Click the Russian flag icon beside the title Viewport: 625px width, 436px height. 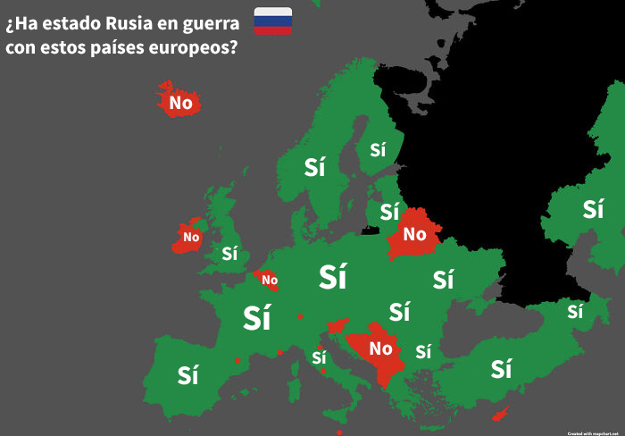tap(272, 21)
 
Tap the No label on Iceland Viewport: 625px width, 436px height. tap(180, 103)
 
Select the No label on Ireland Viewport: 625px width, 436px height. tap(191, 237)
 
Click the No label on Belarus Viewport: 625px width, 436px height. tap(414, 235)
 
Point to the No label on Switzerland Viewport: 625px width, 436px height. tap(270, 281)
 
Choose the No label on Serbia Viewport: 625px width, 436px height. tap(381, 348)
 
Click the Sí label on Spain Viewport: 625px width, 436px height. tap(187, 375)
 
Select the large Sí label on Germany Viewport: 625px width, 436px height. tap(332, 278)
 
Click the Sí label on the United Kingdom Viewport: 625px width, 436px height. tap(229, 253)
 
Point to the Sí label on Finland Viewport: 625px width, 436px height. tap(378, 150)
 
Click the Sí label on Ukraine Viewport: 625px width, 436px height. tap(443, 280)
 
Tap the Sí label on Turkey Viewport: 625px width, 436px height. tap(501, 368)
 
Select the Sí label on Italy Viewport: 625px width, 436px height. tap(319, 358)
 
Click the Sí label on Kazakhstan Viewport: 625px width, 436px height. tap(593, 209)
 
